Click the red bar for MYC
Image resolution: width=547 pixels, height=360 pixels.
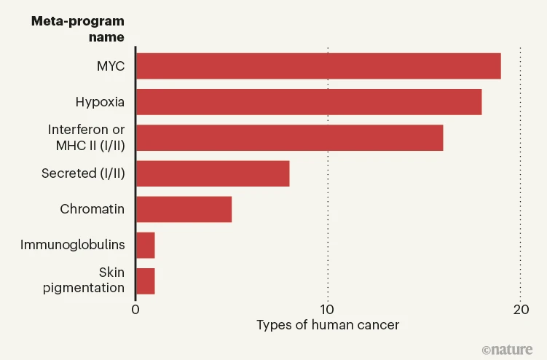tap(318, 66)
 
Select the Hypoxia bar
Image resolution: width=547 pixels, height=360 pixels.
tap(308, 102)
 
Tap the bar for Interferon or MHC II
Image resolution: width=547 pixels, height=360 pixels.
tap(289, 138)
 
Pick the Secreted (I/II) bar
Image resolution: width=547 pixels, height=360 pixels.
tap(212, 173)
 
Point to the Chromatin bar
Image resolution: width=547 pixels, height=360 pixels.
tap(184, 209)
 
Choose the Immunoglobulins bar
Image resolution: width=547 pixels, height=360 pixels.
tap(145, 245)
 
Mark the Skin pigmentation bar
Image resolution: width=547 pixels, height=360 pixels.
tap(145, 281)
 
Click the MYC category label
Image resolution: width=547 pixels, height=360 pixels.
tap(111, 66)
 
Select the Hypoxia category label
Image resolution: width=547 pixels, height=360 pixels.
tap(100, 102)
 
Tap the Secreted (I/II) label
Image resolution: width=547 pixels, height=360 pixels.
tap(83, 173)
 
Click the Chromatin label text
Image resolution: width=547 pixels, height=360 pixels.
tap(92, 209)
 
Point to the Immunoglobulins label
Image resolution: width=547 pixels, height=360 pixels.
tap(73, 245)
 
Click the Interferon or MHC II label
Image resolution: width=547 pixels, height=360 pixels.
tap(87, 138)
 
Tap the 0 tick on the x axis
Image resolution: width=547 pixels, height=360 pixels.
tap(135, 309)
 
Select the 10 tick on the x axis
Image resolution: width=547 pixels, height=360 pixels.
tap(328, 309)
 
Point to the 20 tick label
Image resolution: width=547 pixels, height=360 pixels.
tap(520, 309)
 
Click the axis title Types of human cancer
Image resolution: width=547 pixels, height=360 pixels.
tap(328, 325)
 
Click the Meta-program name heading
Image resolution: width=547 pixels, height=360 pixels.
tap(77, 28)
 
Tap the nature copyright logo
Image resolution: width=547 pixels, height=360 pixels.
tap(508, 348)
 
